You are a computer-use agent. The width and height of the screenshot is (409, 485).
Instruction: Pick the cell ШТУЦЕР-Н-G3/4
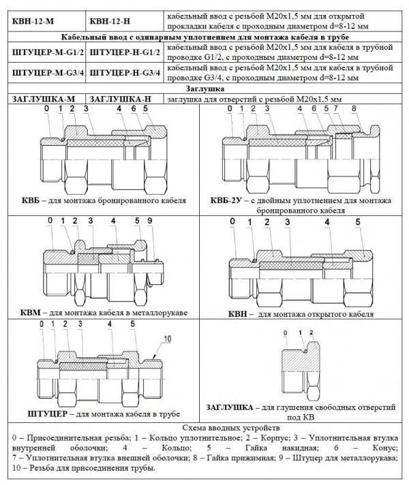pos(125,72)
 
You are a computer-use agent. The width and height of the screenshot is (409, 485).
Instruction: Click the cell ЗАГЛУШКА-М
pos(43,99)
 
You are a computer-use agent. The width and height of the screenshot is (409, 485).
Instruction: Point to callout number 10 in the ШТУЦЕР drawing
pos(166,339)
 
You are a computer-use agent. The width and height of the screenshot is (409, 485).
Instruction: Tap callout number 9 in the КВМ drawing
pos(148,221)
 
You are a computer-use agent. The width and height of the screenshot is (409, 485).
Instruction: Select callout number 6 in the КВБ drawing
pos(134,109)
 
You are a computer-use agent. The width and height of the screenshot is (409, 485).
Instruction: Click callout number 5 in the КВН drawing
pos(358,223)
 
